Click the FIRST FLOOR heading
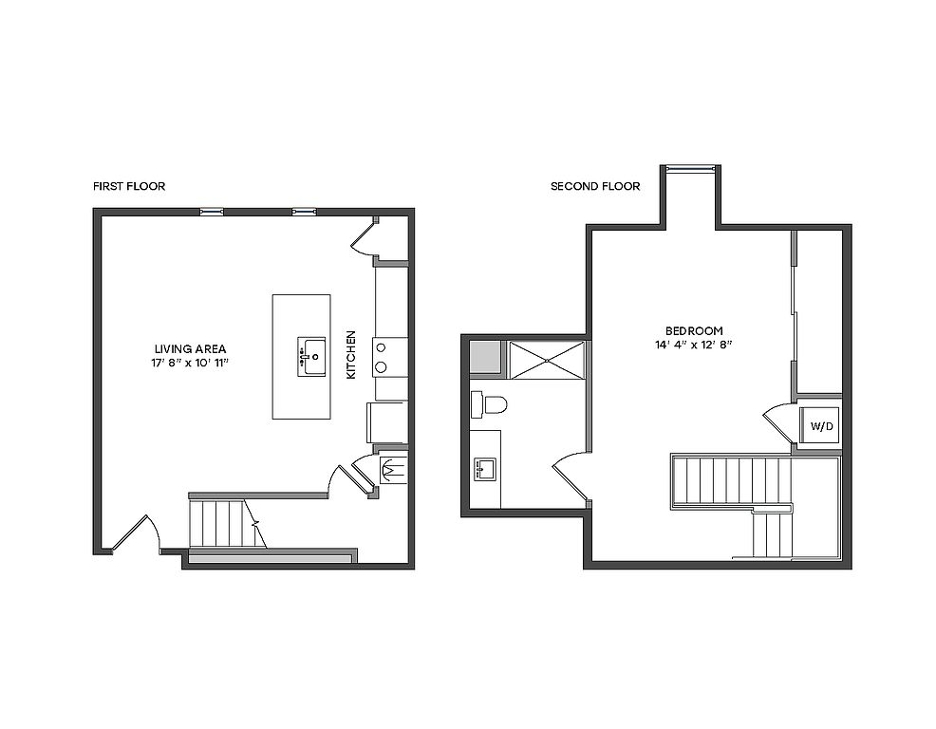pos(129,186)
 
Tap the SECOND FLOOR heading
pos(595,186)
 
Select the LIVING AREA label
pos(191,349)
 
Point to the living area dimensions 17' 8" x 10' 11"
pos(191,363)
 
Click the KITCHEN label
pos(351,355)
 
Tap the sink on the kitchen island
pos(311,357)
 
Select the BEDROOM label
pos(694,330)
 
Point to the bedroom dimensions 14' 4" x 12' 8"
pos(694,345)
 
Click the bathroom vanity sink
pos(485,469)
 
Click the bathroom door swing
pos(569,474)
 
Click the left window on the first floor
pos(212,212)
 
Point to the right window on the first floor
pos(305,212)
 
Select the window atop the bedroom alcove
pos(691,168)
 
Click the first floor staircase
pos(228,524)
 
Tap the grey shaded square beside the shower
pos(484,357)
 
